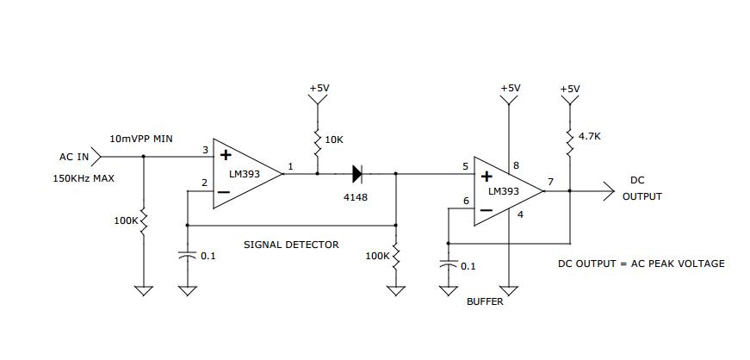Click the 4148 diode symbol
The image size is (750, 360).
pos(357,174)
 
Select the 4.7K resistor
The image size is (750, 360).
pos(570,142)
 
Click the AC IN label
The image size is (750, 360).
pos(74,157)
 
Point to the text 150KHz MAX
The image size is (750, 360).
pos(84,179)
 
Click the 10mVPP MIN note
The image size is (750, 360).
pos(141,140)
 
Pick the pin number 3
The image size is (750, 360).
pos(205,151)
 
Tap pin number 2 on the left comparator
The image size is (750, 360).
pos(205,183)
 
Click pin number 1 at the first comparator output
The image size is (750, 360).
pos(290,166)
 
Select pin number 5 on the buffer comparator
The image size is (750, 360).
pos(466,168)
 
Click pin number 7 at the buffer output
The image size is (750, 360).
pos(550,182)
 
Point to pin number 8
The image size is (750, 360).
pos(516,166)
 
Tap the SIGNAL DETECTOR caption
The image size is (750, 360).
pos(291,245)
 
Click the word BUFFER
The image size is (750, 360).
pos(485,301)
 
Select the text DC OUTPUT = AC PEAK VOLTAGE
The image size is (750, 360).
pos(642,264)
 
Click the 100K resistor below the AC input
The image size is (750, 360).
pos(143,222)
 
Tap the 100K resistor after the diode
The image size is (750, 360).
pos(395,257)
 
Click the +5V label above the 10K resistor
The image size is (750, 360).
pos(319,89)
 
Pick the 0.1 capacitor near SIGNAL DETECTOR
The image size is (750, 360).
pos(188,255)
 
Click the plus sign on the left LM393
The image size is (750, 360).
pos(226,155)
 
